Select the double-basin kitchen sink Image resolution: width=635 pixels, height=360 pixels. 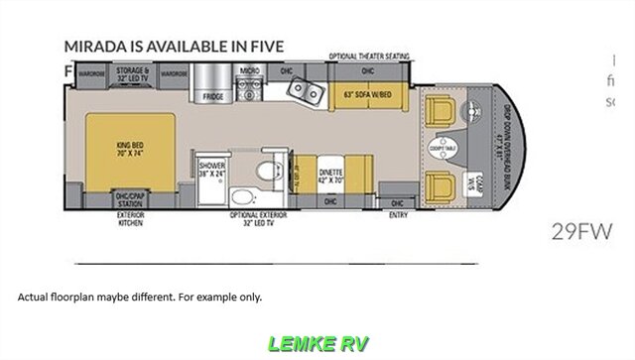click(x=304, y=92)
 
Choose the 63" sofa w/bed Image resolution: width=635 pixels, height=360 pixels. click(x=364, y=95)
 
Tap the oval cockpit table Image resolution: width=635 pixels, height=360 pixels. click(x=441, y=150)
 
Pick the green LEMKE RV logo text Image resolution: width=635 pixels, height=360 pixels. click(x=317, y=344)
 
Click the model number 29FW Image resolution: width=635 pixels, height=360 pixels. click(x=580, y=234)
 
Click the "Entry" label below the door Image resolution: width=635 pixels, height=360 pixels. click(x=399, y=213)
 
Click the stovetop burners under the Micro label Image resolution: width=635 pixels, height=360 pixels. click(x=250, y=86)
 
